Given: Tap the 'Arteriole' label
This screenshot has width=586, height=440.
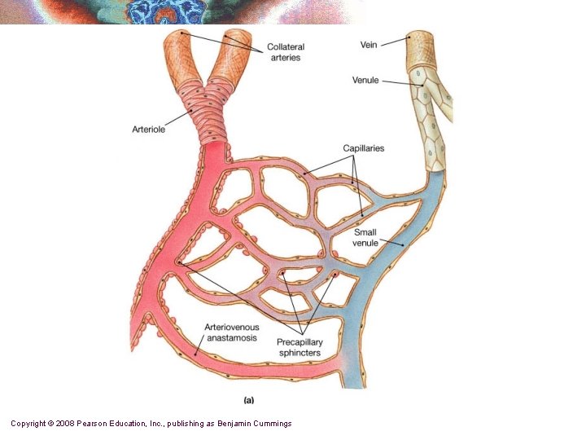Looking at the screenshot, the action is [149, 129].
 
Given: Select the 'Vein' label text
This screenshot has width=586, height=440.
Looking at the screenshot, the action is [369, 45].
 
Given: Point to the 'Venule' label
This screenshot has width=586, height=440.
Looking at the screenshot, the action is [365, 80].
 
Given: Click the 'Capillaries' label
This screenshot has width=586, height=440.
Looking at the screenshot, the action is [363, 148].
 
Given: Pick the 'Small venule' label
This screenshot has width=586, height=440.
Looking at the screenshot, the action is [365, 237].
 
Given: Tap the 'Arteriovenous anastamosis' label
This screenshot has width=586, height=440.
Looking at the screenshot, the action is [232, 332].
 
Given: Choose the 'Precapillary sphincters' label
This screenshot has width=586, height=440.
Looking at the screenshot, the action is [299, 347].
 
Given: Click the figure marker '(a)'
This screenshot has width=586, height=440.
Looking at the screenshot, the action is [251, 399].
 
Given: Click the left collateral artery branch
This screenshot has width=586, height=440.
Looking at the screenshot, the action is [180, 61].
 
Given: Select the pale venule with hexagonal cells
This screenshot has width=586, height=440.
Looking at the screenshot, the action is [431, 114].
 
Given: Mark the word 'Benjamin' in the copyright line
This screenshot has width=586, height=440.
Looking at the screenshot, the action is [227, 423].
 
